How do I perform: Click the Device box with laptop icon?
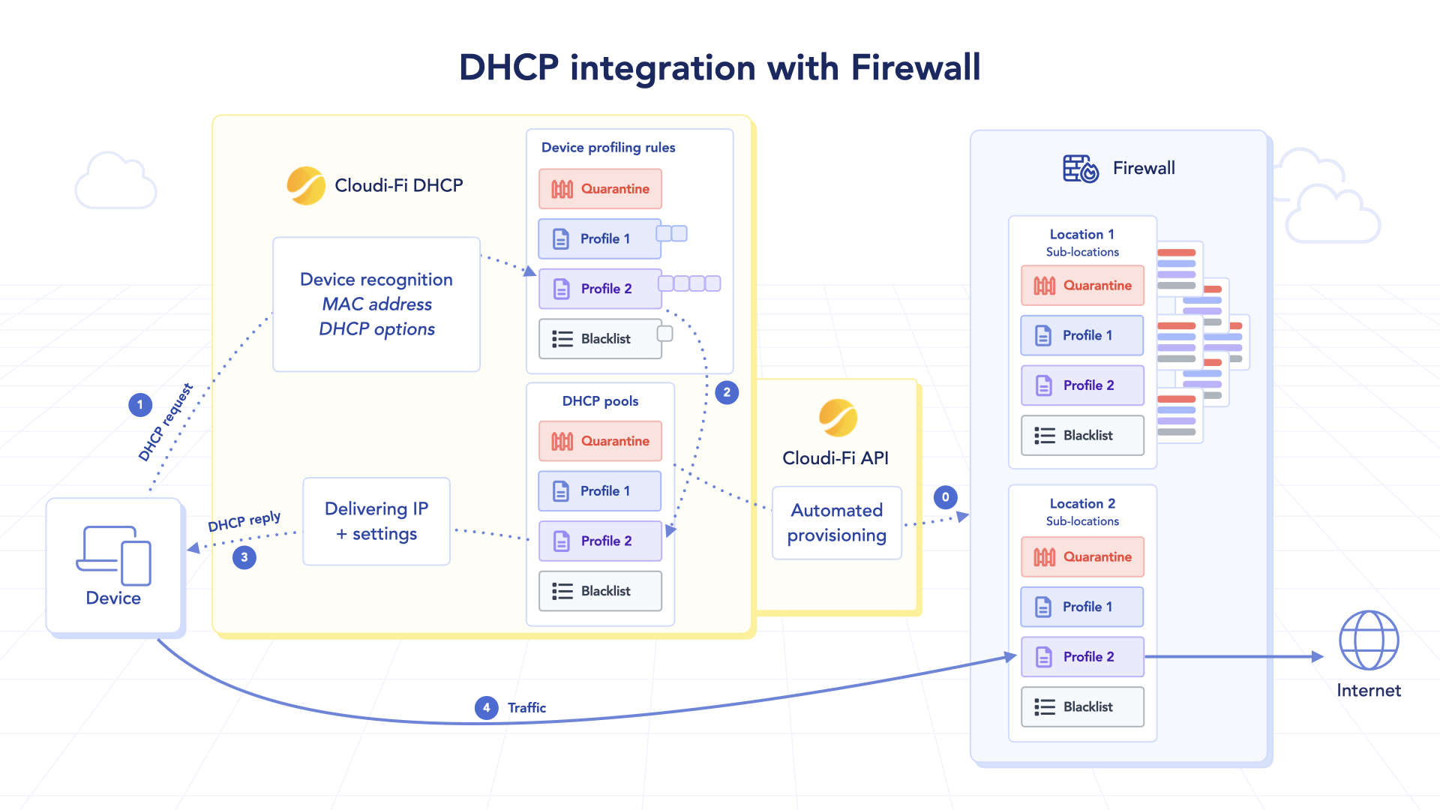[113, 566]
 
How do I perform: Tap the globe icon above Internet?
[1369, 640]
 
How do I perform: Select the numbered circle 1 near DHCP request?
[140, 405]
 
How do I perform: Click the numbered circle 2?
[727, 392]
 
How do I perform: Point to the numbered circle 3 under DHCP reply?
[244, 557]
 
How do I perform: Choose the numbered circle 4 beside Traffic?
[487, 707]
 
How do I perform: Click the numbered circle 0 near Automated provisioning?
[945, 497]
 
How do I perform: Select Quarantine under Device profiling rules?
[600, 189]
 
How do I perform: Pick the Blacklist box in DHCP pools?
[600, 591]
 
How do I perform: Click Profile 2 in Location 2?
[1081, 657]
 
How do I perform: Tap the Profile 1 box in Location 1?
[1081, 335]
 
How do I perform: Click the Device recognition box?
[376, 304]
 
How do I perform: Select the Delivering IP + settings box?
[376, 521]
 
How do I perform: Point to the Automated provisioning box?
[836, 523]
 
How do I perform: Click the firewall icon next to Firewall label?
[1080, 169]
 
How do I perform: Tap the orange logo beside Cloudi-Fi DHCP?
[306, 186]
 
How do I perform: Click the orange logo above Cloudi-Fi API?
[838, 418]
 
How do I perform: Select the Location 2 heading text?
[1082, 503]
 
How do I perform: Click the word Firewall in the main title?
[916, 67]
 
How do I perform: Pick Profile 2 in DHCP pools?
[600, 541]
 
